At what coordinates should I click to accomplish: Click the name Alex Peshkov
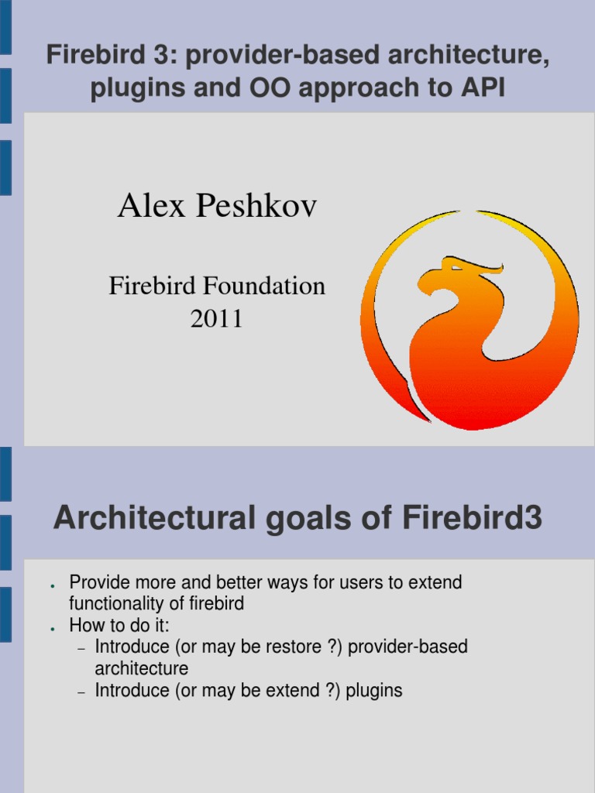[217, 207]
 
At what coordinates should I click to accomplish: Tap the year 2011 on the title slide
[217, 318]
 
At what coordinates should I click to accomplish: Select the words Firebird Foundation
[217, 287]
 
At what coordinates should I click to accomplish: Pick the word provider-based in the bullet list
[408, 647]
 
